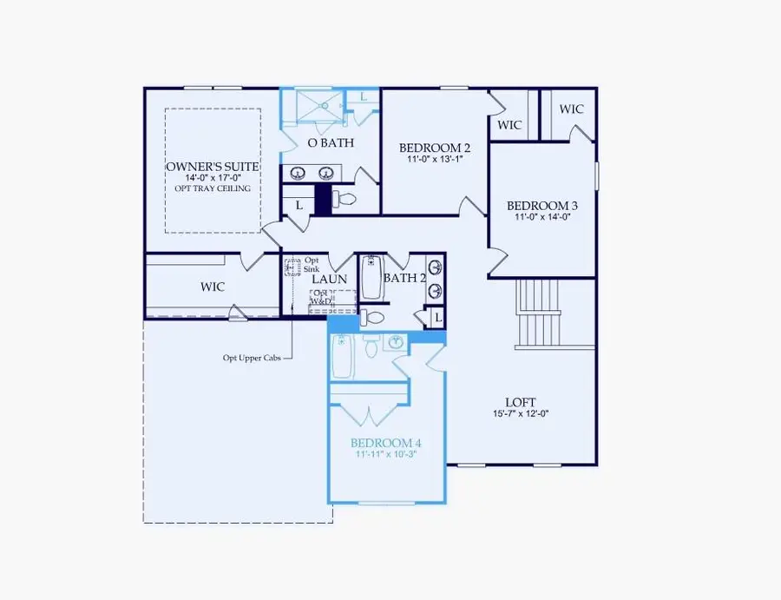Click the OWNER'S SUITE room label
pyautogui.click(x=213, y=166)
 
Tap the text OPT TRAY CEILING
pyautogui.click(x=213, y=188)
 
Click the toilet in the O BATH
pyautogui.click(x=346, y=200)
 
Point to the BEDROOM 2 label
pyautogui.click(x=434, y=147)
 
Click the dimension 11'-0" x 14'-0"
pyautogui.click(x=543, y=218)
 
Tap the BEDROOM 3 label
pyautogui.click(x=543, y=206)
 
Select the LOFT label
pyautogui.click(x=521, y=402)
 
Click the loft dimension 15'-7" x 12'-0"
pyautogui.click(x=521, y=414)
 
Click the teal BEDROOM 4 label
pyautogui.click(x=385, y=441)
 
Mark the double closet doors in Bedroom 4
pyautogui.click(x=371, y=415)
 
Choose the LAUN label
pyautogui.click(x=330, y=279)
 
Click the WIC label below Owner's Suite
pyautogui.click(x=213, y=287)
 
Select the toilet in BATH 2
pyautogui.click(x=373, y=316)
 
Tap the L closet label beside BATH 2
pyautogui.click(x=438, y=319)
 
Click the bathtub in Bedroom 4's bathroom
pyautogui.click(x=341, y=357)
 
